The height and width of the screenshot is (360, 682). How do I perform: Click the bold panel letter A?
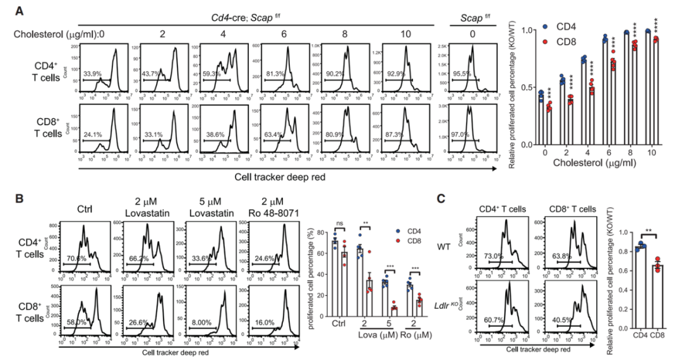click(x=21, y=11)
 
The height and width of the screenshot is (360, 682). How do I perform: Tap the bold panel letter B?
click(x=21, y=198)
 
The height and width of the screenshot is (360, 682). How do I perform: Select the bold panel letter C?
click(x=443, y=198)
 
